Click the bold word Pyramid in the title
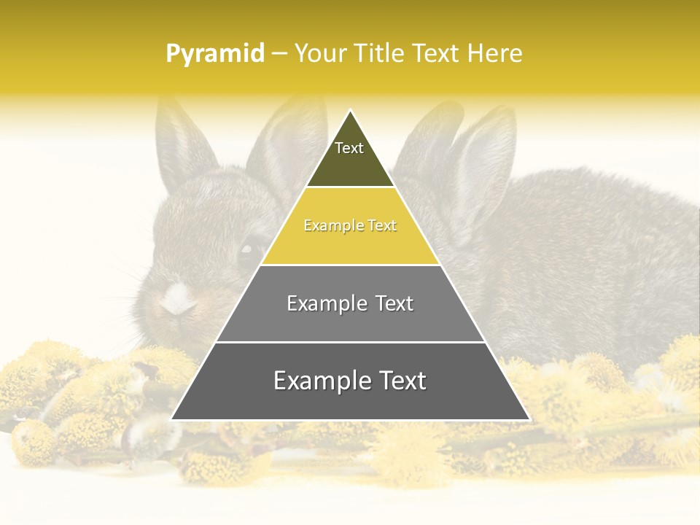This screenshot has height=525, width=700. tap(214, 54)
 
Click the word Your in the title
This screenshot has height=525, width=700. tap(320, 53)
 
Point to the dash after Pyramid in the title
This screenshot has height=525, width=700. tap(279, 54)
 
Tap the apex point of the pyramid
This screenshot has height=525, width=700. tap(350, 110)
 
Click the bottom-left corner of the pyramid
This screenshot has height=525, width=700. tap(172, 419)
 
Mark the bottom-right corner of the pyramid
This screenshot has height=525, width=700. tap(529, 419)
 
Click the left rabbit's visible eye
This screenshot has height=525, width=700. tap(247, 252)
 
